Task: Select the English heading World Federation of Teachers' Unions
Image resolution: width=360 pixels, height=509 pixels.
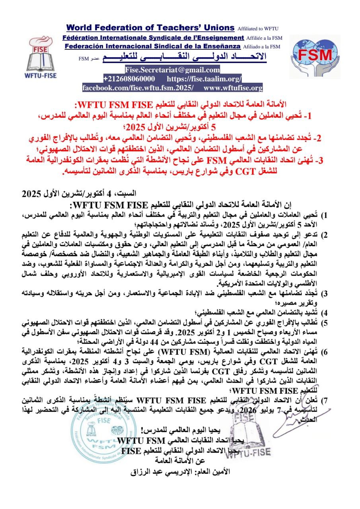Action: click(x=150, y=28)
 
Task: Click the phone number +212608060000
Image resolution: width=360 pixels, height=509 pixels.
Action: click(x=130, y=79)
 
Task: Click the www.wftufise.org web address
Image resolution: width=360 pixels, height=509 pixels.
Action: click(x=233, y=88)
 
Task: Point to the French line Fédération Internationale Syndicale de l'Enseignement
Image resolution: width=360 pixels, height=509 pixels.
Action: click(x=153, y=37)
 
